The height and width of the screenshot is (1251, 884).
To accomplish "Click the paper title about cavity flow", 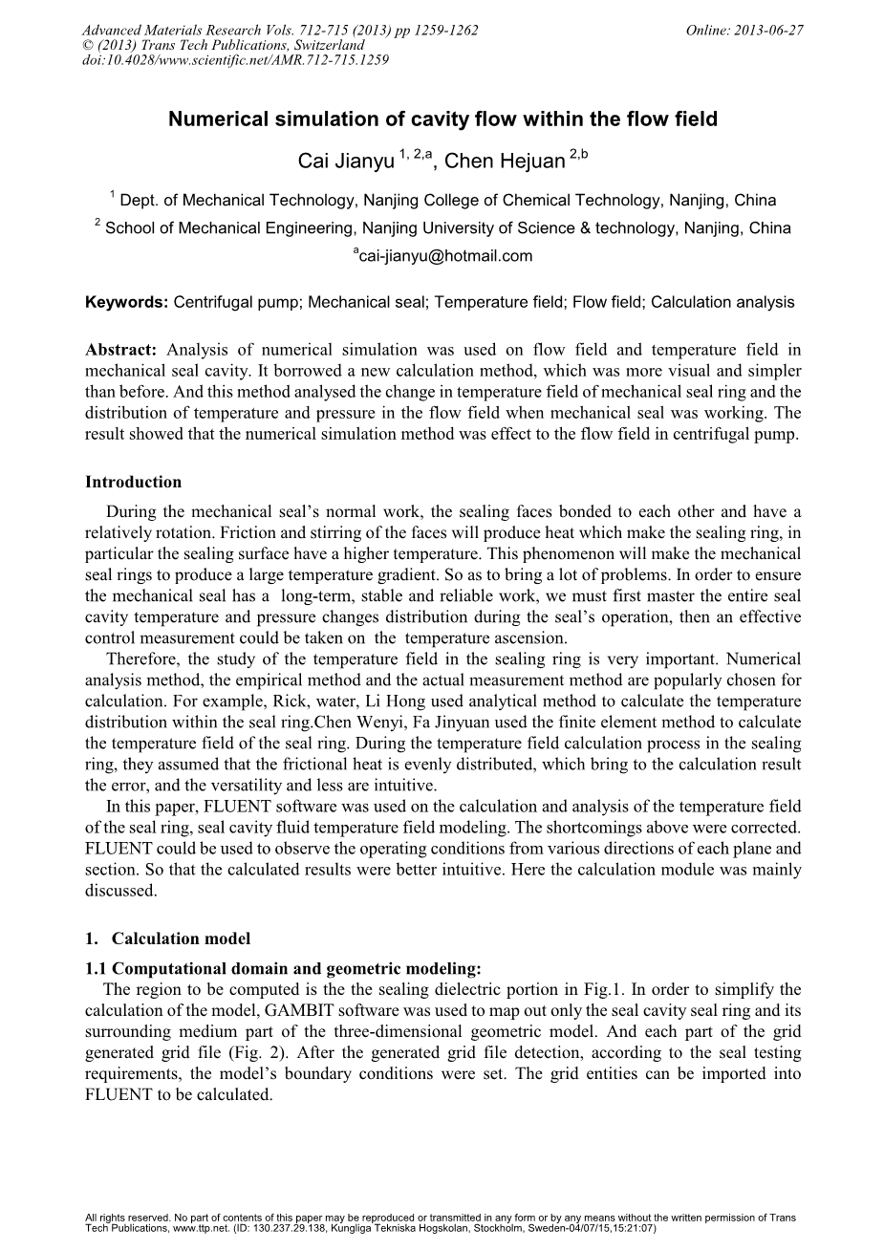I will coord(442,120).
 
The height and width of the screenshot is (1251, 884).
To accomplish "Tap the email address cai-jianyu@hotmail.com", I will coord(445,256).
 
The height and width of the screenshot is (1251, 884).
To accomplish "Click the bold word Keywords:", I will coord(127,303).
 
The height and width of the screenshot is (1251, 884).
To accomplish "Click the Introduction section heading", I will coord(133,482).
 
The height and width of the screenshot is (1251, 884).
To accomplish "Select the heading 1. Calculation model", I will coord(168,938).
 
